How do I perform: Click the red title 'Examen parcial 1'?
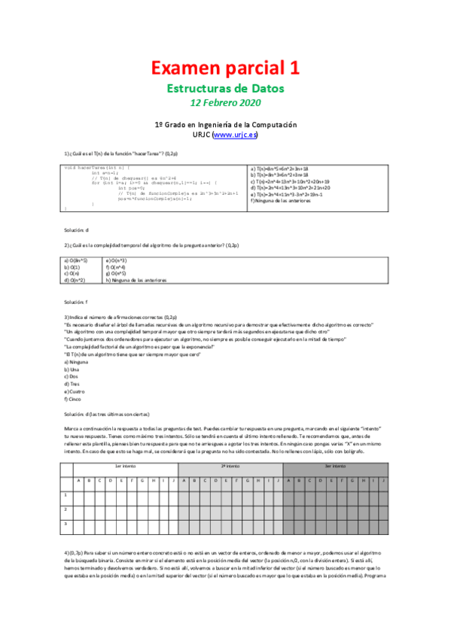[x=225, y=68]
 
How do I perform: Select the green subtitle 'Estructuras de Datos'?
[x=225, y=88]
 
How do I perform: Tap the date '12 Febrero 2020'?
[x=225, y=102]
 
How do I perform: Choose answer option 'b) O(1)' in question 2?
[x=72, y=266]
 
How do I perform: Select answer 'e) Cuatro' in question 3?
[x=77, y=391]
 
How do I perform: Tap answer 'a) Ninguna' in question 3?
[x=78, y=362]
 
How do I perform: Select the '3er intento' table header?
[x=335, y=466]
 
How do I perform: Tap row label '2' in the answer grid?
[x=65, y=509]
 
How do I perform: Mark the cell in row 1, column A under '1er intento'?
[x=78, y=495]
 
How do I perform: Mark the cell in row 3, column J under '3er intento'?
[x=382, y=522]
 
